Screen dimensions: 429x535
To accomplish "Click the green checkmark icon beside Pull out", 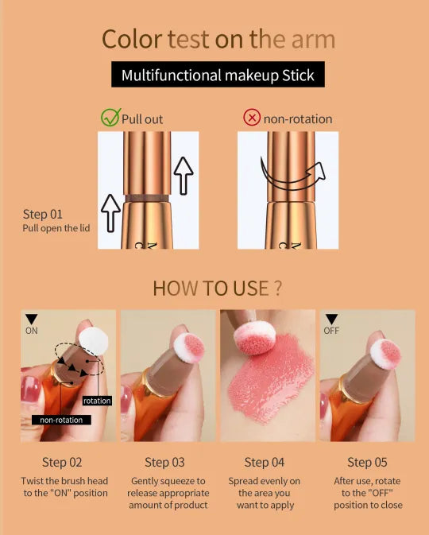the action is (111, 118).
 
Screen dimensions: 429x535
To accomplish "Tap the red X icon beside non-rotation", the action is (252, 118).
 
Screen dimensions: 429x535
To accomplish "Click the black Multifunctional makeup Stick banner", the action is (218, 75).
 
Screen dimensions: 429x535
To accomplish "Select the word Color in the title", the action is (132, 39).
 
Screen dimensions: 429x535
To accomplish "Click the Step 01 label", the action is (43, 215).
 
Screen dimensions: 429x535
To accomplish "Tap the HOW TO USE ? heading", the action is (217, 289).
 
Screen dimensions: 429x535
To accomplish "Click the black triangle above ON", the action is (31, 319).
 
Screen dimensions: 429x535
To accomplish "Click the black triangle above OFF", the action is (331, 319).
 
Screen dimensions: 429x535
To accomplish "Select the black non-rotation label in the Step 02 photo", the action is (61, 420).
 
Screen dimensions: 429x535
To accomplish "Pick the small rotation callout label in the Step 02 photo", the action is (97, 401).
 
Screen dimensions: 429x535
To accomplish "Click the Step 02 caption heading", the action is (62, 463).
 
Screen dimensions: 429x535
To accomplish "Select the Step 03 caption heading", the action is (164, 463).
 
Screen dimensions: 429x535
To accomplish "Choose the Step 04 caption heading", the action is (265, 463).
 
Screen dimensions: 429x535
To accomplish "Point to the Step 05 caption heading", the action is (367, 463).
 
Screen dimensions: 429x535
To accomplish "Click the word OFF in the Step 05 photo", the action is (331, 331).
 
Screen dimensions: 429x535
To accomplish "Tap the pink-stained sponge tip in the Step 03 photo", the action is (189, 347).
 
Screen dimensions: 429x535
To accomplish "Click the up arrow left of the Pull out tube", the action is (110, 213).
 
